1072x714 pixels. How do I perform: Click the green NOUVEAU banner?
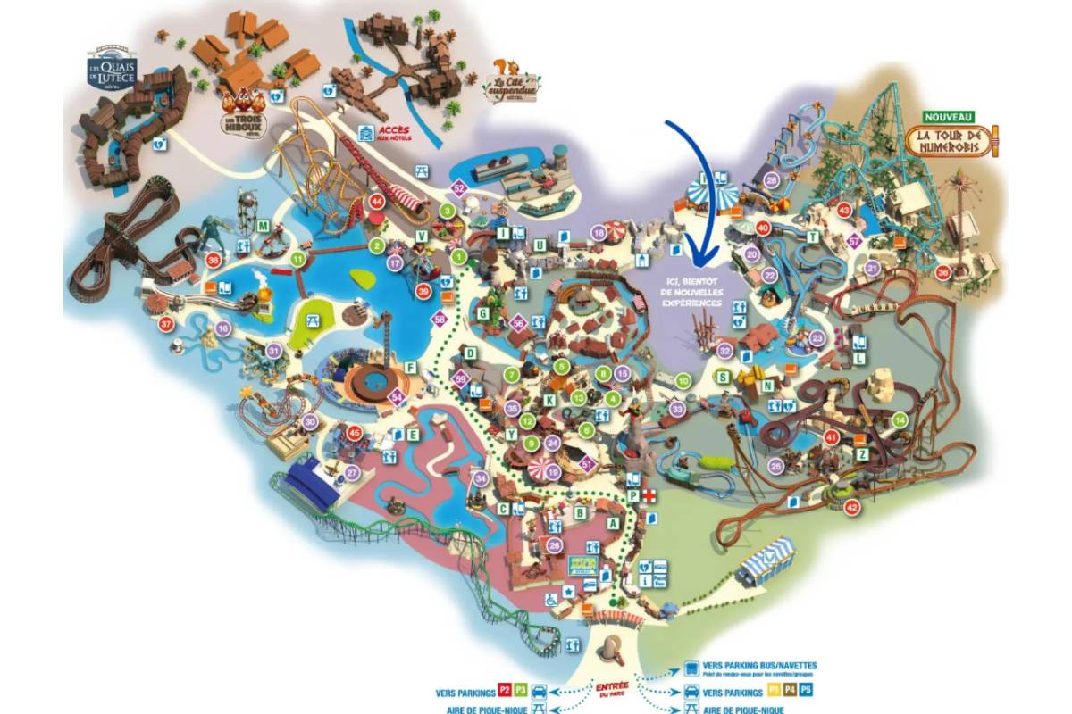(x=950, y=117)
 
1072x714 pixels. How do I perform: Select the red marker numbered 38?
(x=213, y=260)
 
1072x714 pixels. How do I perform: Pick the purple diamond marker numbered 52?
(x=459, y=188)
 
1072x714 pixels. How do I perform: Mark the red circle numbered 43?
(x=843, y=210)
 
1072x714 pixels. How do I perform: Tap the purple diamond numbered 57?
(x=854, y=240)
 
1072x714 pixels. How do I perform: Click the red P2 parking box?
(x=505, y=691)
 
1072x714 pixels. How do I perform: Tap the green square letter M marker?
(x=264, y=226)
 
